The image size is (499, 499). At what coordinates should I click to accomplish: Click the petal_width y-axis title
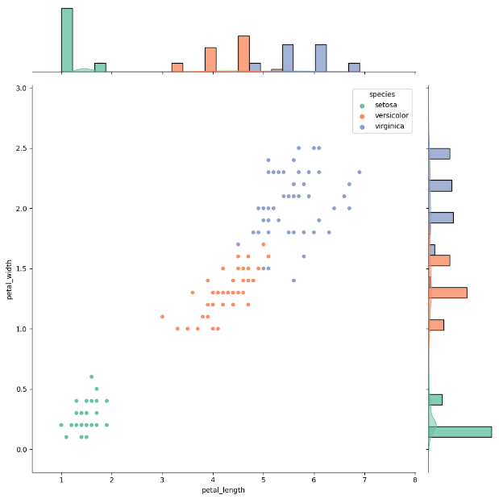point(10,279)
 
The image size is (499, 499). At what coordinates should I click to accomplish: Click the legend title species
point(382,94)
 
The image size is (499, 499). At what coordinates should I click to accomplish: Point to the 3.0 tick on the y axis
point(21,88)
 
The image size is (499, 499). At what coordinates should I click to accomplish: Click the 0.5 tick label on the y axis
point(21,389)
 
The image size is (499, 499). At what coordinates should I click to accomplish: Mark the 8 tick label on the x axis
point(414,480)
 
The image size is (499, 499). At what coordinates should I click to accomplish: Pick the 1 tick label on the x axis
point(61,480)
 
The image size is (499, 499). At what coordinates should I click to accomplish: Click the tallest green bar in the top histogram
point(67,40)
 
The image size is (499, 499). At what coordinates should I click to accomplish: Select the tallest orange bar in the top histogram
point(243,54)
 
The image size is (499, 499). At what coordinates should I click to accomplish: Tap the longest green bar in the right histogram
point(459,432)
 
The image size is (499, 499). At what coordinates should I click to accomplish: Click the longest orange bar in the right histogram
point(448,293)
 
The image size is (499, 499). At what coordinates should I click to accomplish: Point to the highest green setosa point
point(91,376)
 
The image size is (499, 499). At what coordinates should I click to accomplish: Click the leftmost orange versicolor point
point(162,317)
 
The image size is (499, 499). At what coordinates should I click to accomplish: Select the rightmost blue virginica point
point(360,172)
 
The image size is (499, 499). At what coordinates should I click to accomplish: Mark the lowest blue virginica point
point(293,281)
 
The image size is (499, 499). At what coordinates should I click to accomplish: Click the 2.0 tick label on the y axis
point(21,209)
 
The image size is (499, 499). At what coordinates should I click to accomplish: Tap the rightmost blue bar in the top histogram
point(354,68)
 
